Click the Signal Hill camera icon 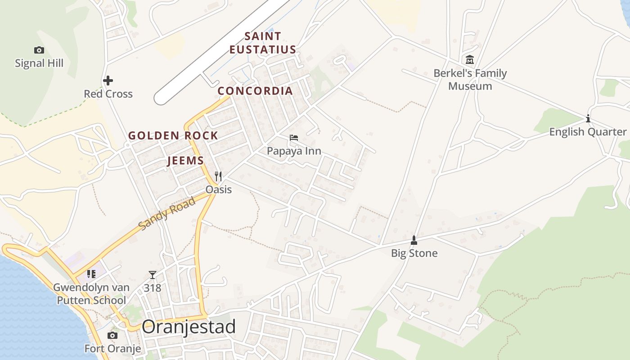coord(39,50)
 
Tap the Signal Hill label coord(39,63)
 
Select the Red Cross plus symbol coord(108,81)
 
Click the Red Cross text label coord(108,94)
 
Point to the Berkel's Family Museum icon coord(470,59)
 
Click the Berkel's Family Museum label coord(470,80)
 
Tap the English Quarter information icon coord(588,119)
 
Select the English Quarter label coord(588,132)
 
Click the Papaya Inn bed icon coord(294,138)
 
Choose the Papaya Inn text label coord(294,151)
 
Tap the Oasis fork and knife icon coord(218,176)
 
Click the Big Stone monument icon coord(414,240)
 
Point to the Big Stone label coord(414,253)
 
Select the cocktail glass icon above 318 coord(153,274)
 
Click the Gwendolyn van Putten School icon coord(91,274)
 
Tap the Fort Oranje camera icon coord(112,335)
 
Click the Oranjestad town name coord(189,327)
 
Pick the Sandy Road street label coord(167,213)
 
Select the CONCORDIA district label coord(255,91)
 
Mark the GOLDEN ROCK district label coord(173,135)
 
